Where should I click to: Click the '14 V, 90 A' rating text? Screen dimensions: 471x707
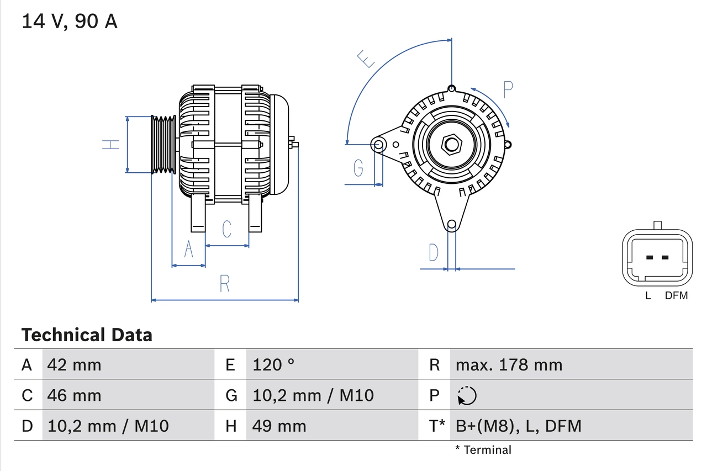69,21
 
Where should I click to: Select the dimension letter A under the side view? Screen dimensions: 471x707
188,250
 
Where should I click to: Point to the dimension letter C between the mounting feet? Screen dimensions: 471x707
226,229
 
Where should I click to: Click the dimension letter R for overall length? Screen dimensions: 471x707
224,283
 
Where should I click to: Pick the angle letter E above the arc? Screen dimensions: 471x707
366,59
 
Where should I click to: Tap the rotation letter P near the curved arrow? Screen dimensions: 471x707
508,89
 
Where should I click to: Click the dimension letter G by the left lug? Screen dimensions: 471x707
358,167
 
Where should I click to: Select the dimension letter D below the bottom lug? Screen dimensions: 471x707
434,252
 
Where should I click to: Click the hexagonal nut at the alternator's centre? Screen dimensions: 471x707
452,145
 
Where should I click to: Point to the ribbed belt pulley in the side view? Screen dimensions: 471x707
163,145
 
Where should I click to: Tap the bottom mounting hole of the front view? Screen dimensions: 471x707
452,224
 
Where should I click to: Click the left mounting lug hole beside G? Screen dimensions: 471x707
379,145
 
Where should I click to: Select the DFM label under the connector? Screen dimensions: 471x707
676,296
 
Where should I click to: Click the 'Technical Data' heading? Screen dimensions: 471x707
87,335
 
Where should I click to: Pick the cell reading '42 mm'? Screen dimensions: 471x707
75,364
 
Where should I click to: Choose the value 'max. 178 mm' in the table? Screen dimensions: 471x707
509,364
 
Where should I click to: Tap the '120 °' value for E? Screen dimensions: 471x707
273,364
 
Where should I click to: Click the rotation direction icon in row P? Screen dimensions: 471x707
467,395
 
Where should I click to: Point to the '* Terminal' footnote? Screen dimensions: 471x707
483,450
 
